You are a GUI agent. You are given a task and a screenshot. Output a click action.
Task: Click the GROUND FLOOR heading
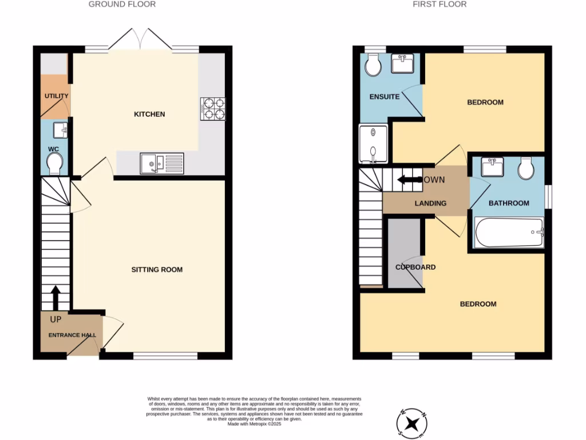tap(122, 5)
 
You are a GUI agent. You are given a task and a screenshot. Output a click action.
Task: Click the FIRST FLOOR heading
tap(439, 5)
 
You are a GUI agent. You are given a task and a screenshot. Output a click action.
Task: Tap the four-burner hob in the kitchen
tap(212, 109)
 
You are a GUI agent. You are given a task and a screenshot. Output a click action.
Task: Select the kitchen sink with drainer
tap(162, 163)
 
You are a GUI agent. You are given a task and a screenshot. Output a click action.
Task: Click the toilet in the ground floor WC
tap(56, 165)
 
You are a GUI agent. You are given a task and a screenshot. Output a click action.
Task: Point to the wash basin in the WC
tap(60, 131)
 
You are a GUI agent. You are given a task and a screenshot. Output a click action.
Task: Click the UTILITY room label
tap(56, 96)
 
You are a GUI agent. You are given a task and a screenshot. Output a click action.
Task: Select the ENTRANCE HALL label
tap(72, 335)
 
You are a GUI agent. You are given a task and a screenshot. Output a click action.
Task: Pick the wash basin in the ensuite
tap(405, 63)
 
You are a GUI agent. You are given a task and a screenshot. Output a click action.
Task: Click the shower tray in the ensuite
tap(373, 143)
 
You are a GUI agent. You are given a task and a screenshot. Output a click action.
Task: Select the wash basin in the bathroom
tap(492, 167)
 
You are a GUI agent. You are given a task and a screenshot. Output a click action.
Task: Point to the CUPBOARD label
tap(415, 267)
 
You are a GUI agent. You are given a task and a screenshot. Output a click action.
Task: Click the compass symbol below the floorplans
tap(411, 424)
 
